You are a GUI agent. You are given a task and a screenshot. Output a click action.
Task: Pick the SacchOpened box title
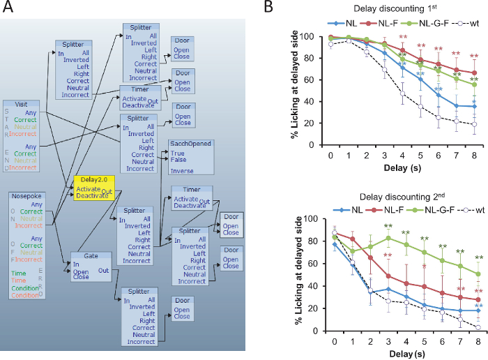(x=190, y=143)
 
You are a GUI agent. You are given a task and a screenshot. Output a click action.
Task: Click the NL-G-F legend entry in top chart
(x=428, y=22)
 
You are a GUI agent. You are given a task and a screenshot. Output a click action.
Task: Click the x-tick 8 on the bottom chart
(x=475, y=341)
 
